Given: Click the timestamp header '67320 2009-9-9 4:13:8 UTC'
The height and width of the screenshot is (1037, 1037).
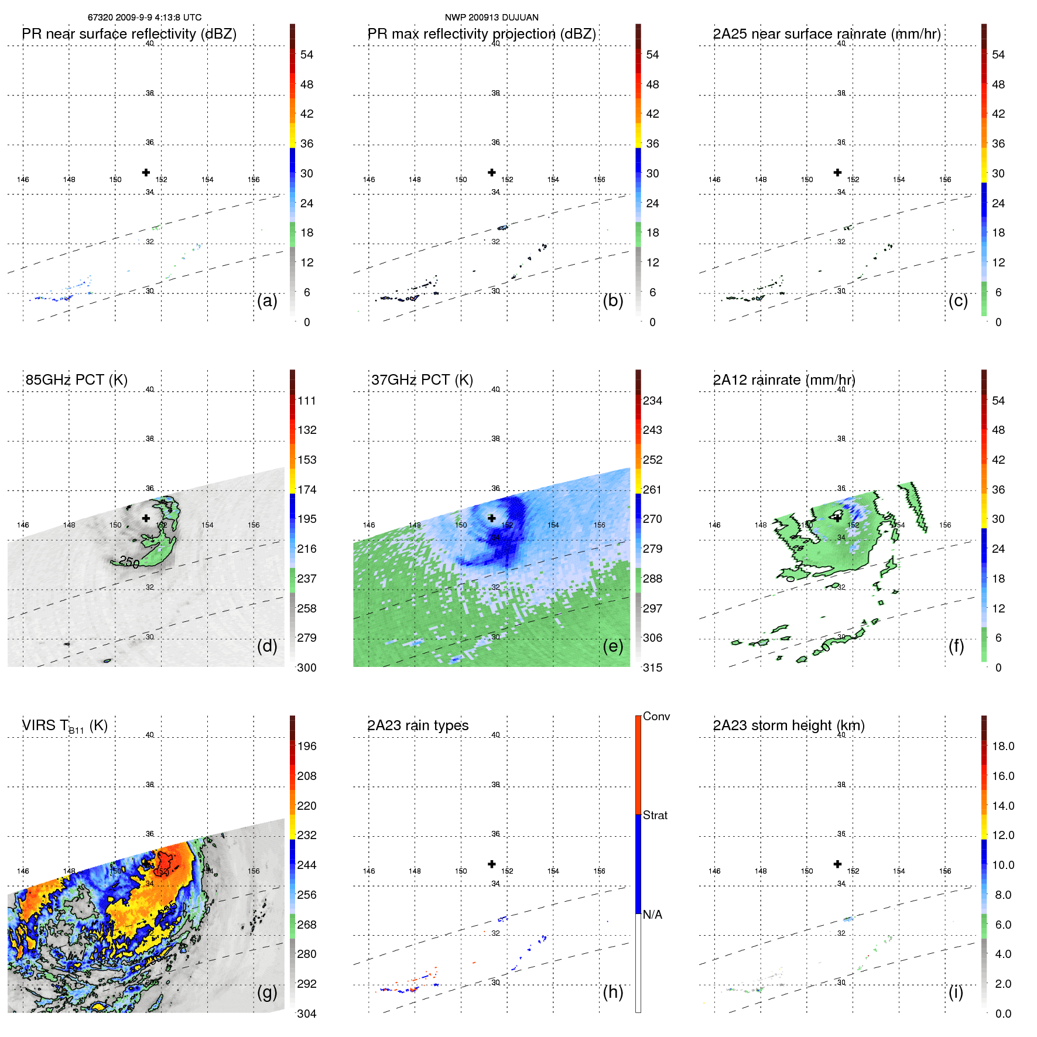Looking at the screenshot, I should coord(145,18).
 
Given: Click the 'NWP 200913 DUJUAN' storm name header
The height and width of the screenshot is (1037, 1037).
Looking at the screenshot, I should coord(491,18).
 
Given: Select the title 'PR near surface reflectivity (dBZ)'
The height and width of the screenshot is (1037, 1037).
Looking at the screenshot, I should coord(129,34).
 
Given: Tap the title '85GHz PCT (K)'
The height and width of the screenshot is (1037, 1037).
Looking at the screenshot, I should coord(76,379).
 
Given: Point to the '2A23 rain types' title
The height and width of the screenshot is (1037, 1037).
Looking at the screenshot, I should coord(417,725).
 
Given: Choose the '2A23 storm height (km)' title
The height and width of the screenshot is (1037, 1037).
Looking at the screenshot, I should coord(789,725).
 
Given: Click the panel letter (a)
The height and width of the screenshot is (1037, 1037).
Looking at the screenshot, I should coord(267,300).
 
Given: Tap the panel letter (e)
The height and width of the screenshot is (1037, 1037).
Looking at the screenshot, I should coord(612,646).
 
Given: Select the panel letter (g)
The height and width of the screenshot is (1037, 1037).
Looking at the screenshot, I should coord(267,992).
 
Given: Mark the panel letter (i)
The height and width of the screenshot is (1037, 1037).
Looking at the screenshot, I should coord(956,992).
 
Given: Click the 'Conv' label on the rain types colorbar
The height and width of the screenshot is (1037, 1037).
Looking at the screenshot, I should coord(656,716).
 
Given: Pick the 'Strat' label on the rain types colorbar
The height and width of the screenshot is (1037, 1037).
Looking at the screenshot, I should coord(655,815).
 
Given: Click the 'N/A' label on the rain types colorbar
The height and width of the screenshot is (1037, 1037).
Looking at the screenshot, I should coord(652,915).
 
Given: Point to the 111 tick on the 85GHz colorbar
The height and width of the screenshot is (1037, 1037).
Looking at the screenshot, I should coord(307,401).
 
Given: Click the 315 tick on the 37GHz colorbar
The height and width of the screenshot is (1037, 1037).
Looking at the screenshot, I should coord(652,668).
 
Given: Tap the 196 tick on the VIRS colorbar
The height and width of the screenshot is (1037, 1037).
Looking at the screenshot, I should coord(307,746).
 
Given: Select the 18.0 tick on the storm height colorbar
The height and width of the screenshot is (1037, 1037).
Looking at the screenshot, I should coord(1002,746).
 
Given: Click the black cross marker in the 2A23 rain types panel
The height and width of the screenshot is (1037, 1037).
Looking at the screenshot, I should coord(492,864).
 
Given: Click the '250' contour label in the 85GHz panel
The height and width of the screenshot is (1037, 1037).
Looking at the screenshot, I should coord(129,562).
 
